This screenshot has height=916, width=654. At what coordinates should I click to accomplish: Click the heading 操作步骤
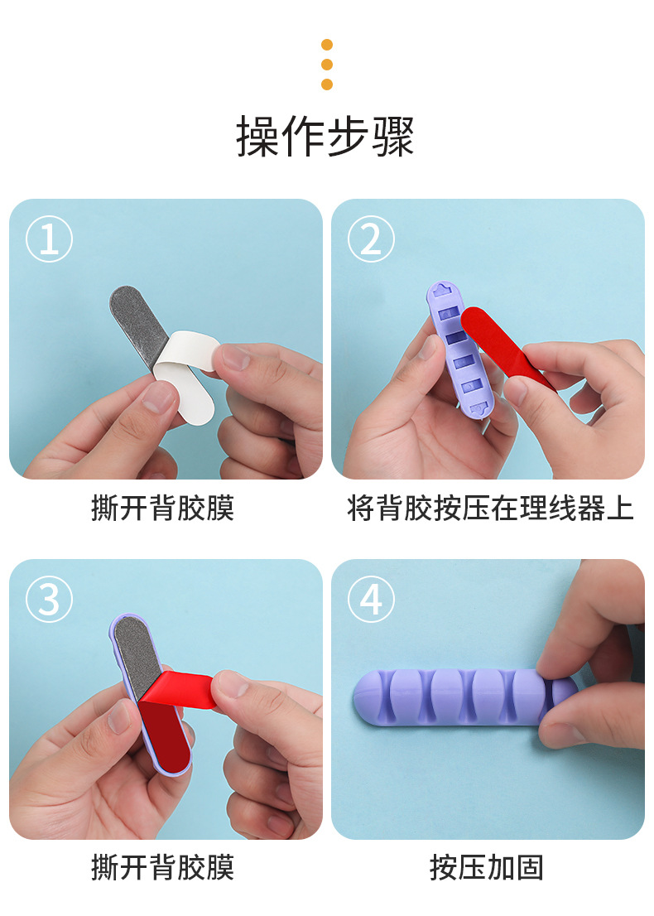coord(326,137)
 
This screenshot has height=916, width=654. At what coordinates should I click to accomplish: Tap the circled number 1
coord(49,239)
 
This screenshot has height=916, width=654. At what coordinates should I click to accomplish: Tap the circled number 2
coord(371,239)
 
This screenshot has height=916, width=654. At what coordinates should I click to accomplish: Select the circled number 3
coord(49,599)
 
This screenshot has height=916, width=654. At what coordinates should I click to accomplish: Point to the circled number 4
coord(371,599)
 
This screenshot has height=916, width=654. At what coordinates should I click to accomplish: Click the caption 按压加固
coord(487,867)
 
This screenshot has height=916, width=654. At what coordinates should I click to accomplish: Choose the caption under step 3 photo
coord(163,867)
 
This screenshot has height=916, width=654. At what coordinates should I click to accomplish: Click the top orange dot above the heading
coord(327,45)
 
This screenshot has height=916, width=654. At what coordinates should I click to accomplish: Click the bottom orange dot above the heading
coord(327,84)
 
